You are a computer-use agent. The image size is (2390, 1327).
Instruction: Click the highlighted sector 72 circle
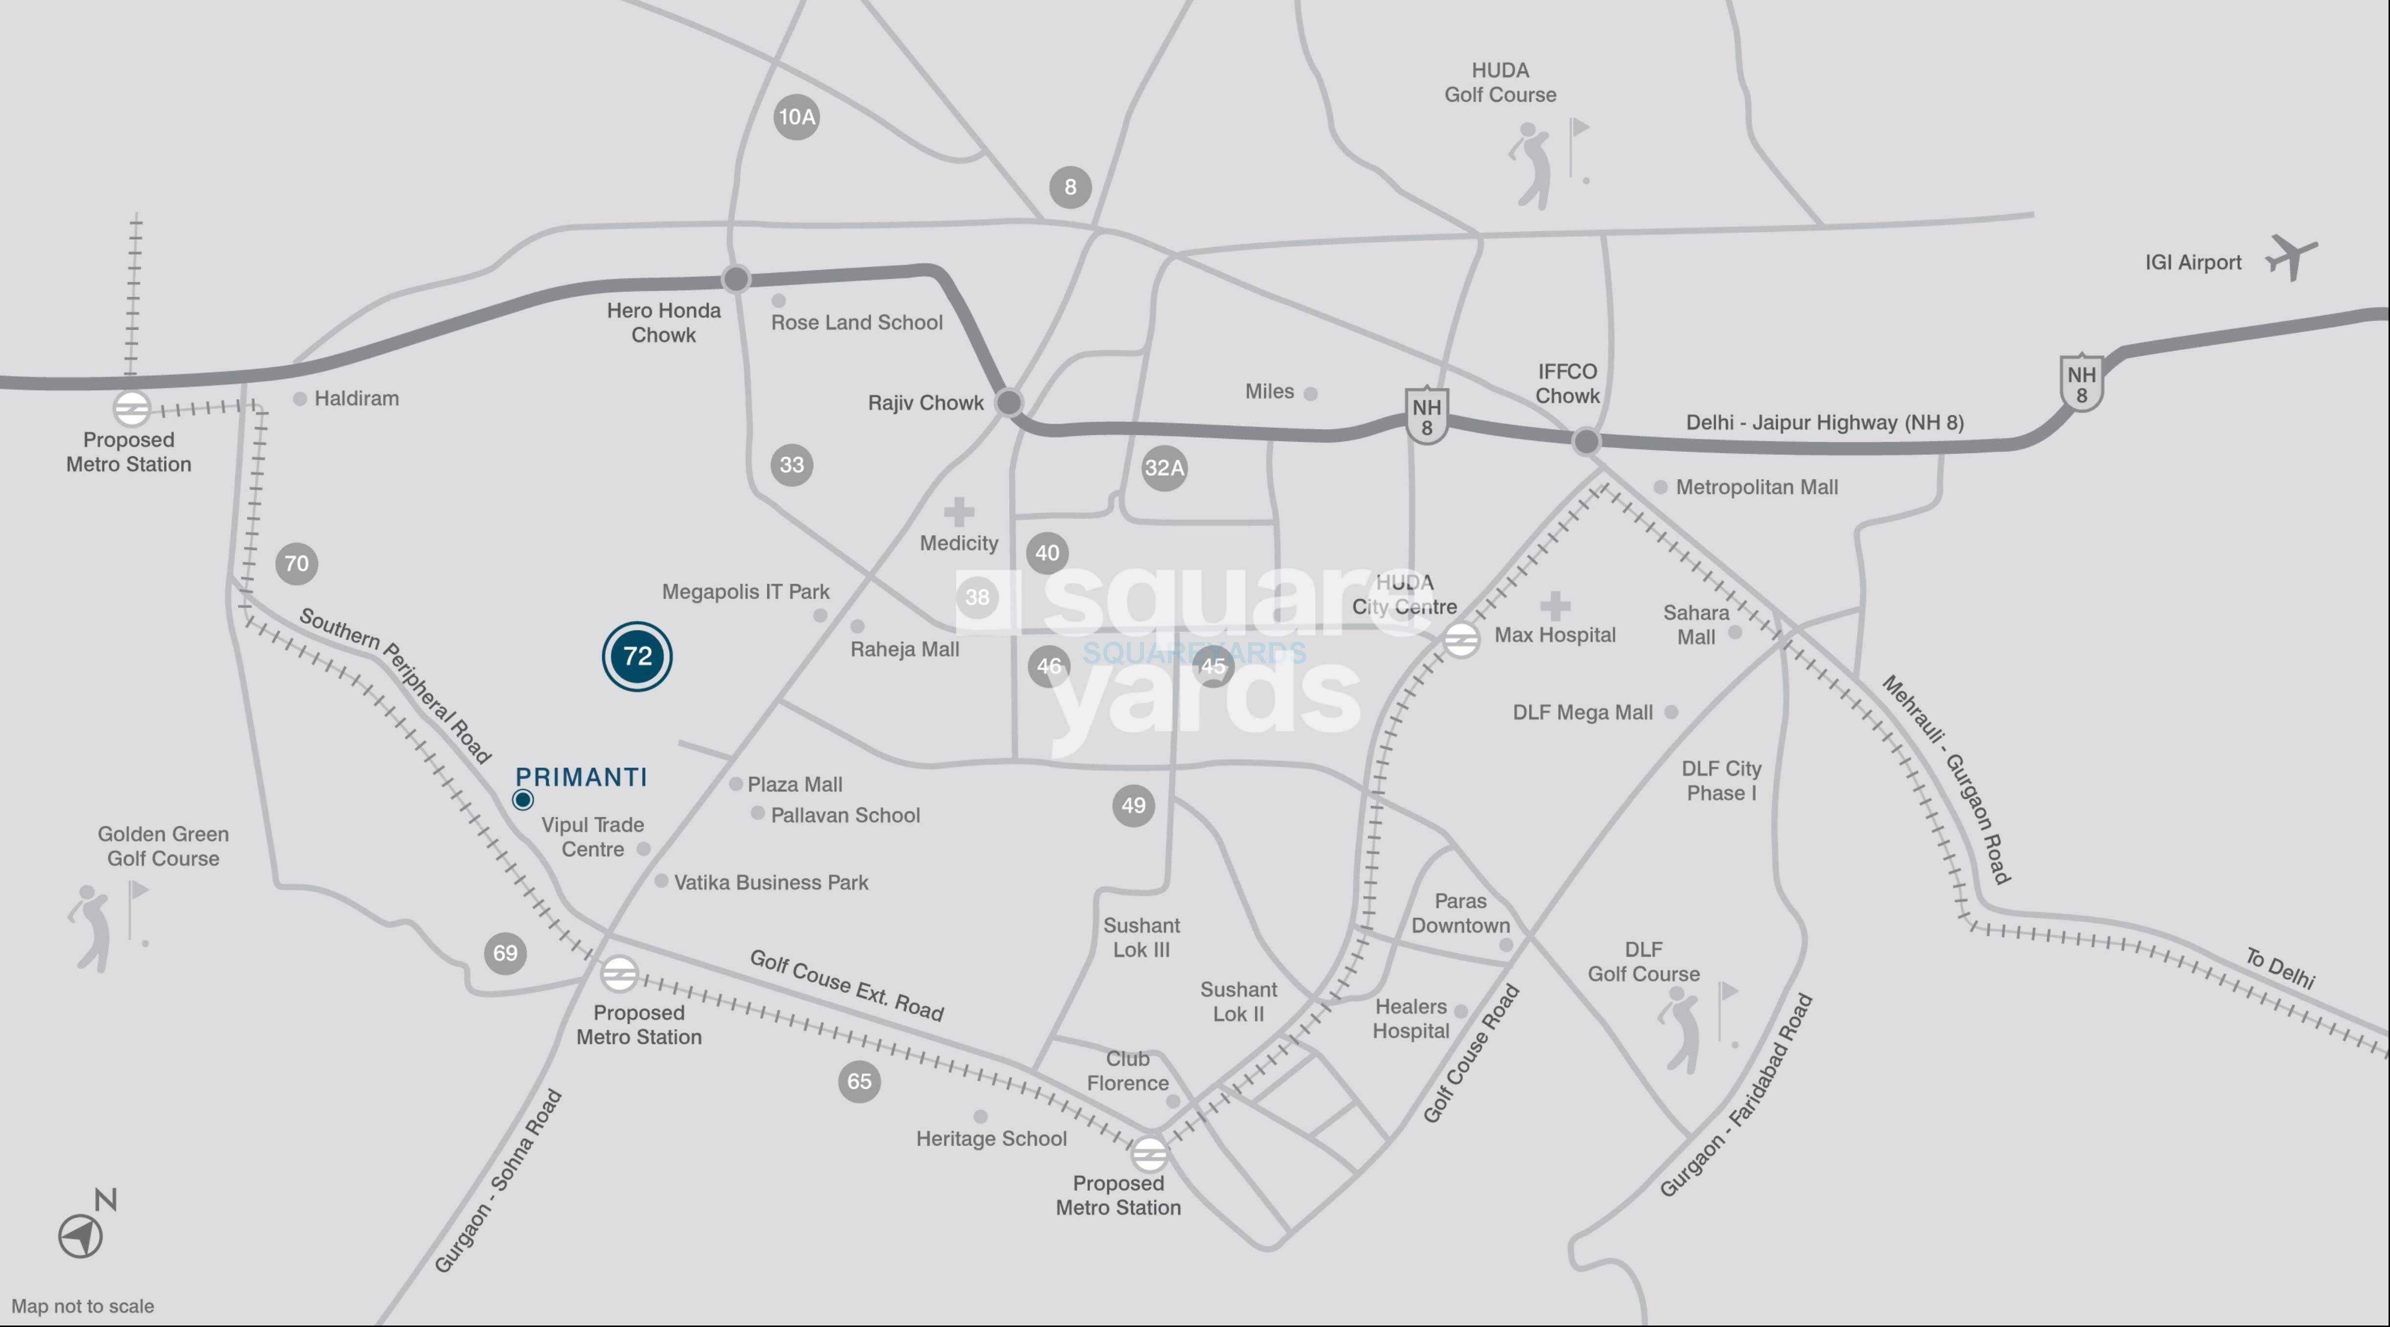[636, 656]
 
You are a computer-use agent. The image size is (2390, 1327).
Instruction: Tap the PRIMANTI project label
[581, 777]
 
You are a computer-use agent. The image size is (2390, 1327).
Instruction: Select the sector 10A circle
[796, 117]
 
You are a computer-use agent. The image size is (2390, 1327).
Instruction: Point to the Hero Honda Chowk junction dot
[736, 278]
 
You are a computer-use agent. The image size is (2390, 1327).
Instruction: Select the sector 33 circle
[791, 465]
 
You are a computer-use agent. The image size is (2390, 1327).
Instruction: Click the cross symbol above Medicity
[959, 511]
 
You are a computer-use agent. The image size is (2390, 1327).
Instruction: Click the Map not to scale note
[83, 1305]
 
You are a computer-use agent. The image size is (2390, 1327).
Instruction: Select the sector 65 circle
[859, 1081]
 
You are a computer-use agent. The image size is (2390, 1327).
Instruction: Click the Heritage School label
[991, 1139]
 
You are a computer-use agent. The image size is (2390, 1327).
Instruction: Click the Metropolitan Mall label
[1756, 487]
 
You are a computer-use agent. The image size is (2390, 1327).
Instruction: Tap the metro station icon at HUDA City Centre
[1460, 639]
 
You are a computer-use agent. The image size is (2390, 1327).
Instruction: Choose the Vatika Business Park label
[771, 882]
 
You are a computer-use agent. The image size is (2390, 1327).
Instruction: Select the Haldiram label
[356, 398]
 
